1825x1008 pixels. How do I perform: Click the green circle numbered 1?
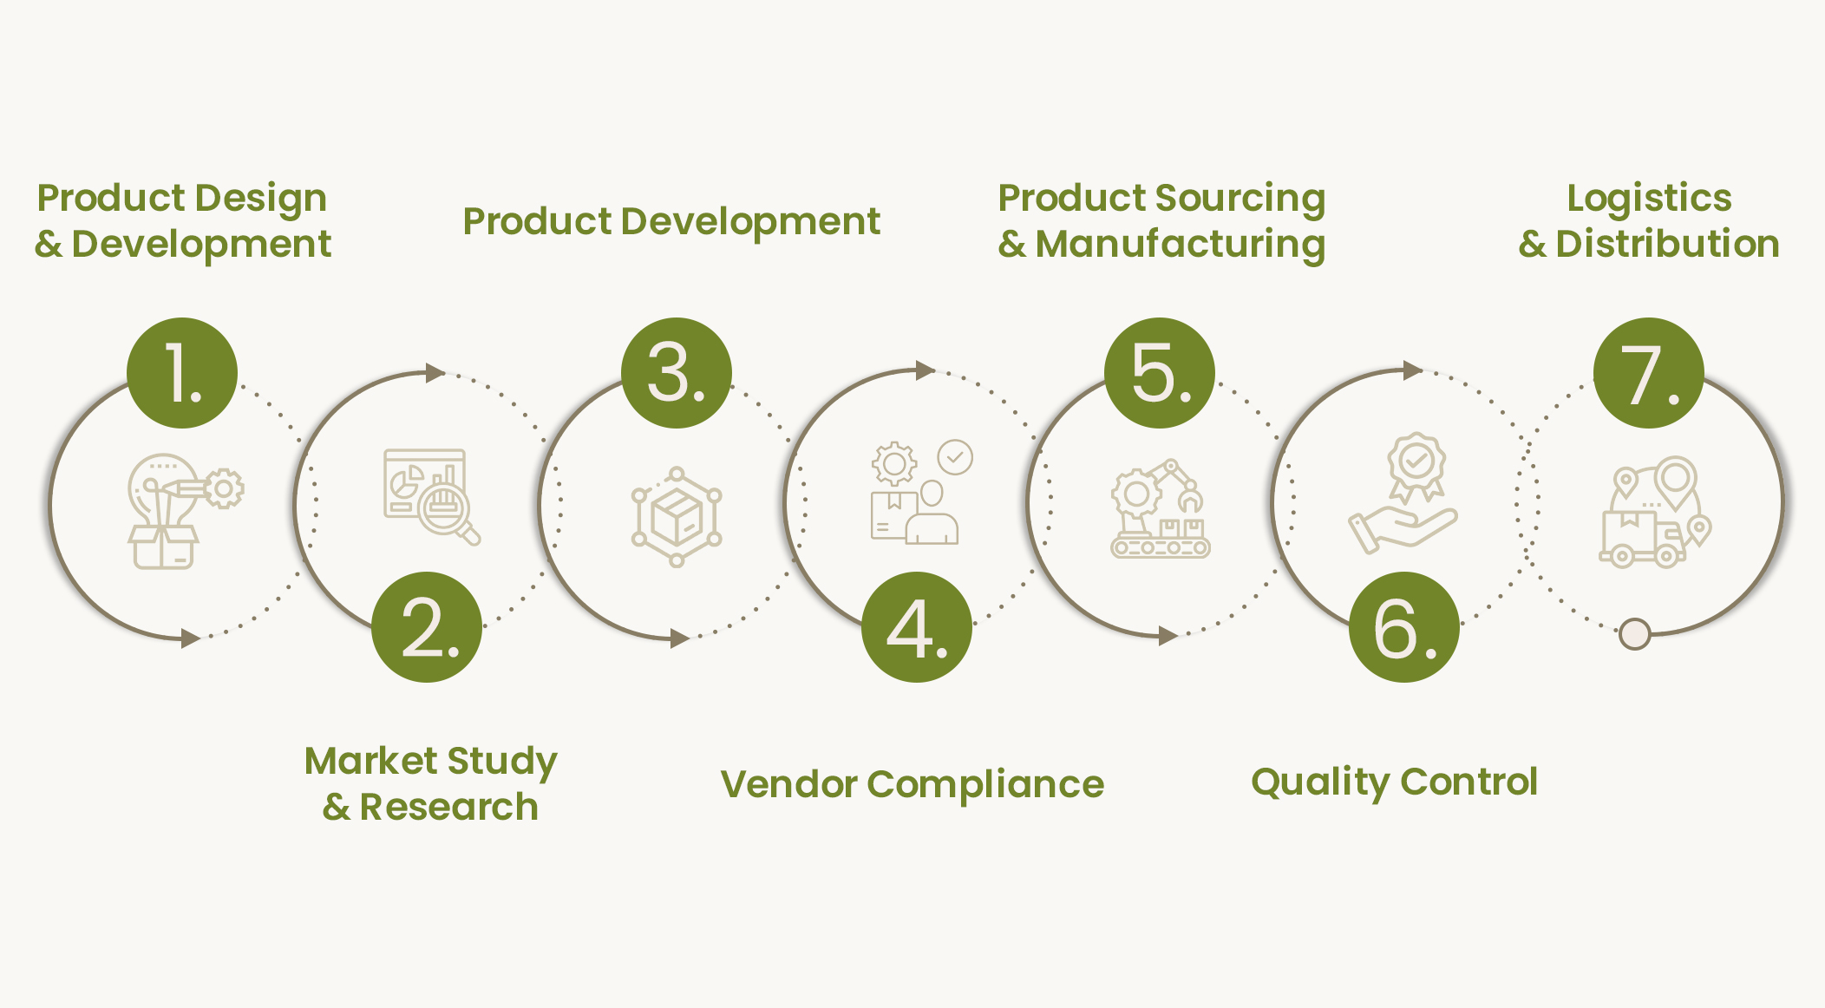[182, 373]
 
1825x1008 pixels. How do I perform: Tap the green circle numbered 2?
[427, 627]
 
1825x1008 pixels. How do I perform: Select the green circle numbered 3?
[677, 373]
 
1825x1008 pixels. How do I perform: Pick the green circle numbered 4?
[917, 627]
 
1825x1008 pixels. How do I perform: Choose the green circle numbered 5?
[1160, 373]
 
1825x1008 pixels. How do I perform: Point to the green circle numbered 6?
[1404, 627]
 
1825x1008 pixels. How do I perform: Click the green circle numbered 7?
[1649, 373]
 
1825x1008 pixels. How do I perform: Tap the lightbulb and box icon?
[186, 511]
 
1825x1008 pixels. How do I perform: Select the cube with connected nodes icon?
[677, 517]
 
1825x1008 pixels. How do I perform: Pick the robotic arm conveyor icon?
[1161, 508]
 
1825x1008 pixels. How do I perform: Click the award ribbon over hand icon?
[1403, 493]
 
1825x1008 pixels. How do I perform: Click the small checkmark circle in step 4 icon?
[955, 457]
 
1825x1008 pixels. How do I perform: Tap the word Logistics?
[1649, 199]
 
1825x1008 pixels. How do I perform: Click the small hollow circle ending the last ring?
[1634, 634]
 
